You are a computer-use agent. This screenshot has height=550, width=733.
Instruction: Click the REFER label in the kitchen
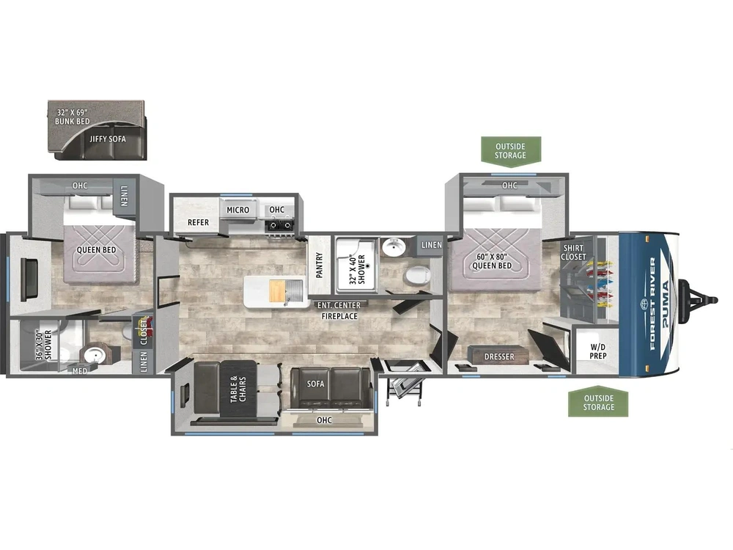(198, 222)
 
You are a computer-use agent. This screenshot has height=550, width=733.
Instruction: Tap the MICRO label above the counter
(238, 210)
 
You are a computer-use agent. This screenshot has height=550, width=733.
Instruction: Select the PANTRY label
(320, 265)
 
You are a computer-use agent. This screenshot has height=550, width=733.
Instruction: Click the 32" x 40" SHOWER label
(357, 269)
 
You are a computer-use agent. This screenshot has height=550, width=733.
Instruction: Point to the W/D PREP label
(598, 351)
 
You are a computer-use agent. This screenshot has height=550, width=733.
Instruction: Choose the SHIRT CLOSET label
(574, 252)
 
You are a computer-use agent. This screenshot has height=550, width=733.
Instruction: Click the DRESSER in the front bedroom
(499, 355)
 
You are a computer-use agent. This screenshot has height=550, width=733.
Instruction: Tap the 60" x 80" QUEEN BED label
(492, 261)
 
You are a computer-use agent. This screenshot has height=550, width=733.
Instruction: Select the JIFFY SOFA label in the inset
(108, 139)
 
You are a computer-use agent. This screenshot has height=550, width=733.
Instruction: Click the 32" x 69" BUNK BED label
(73, 117)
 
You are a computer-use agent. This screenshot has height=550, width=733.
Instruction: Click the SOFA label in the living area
(315, 384)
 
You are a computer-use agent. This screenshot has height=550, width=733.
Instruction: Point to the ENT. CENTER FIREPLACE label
(339, 310)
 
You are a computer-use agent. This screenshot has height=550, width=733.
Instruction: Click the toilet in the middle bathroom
(417, 275)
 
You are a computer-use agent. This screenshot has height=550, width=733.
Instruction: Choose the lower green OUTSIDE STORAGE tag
(598, 402)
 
